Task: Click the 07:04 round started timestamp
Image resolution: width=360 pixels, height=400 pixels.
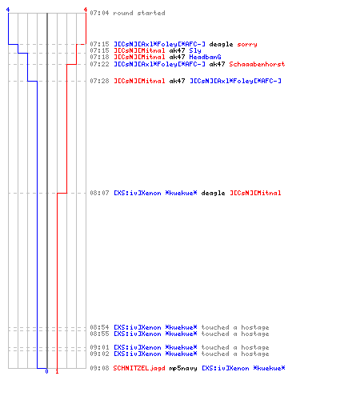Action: (99, 13)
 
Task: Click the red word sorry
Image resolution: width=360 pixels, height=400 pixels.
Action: (247, 44)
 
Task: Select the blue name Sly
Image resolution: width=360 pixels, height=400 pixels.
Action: (195, 50)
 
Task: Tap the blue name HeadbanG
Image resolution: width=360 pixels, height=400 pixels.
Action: (205, 57)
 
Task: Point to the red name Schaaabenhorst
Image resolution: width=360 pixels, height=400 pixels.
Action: (257, 64)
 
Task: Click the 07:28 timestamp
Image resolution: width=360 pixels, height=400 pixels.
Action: (99, 81)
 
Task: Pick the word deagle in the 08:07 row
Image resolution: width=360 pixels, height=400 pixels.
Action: (213, 193)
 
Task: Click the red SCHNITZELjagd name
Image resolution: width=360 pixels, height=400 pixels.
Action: (139, 368)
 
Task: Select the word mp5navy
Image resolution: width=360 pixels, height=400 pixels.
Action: (183, 368)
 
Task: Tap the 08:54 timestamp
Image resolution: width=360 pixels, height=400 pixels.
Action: (99, 327)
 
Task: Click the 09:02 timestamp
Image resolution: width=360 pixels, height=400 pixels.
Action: (99, 354)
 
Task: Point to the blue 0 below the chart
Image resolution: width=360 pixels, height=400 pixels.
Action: (46, 371)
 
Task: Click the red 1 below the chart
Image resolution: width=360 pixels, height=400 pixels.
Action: (57, 371)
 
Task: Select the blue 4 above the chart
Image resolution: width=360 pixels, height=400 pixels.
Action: (8, 10)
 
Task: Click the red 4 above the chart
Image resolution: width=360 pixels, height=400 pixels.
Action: (86, 10)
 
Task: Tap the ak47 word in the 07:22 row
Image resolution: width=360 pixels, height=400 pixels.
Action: (217, 64)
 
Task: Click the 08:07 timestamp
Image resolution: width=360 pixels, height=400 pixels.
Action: (99, 193)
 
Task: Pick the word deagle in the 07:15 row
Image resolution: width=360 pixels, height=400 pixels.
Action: (221, 44)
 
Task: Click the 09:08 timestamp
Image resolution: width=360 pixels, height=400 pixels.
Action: (99, 368)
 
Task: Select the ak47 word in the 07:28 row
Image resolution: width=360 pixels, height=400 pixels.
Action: (177, 81)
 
